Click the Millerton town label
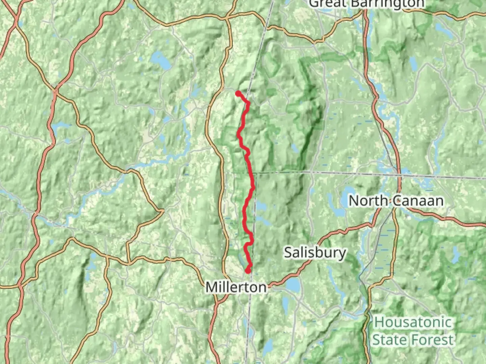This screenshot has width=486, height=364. tap(236, 287)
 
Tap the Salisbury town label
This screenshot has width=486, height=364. tap(315, 252)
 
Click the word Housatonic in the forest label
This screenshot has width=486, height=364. tap(413, 322)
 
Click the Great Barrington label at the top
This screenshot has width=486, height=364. tap(366, 3)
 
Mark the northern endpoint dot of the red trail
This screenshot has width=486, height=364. tap(238, 93)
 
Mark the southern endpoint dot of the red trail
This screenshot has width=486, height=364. tap(248, 270)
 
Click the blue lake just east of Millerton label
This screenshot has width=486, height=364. tap(293, 285)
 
